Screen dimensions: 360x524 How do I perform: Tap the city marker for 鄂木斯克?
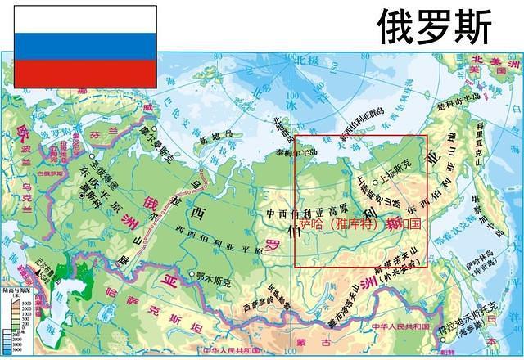tap(190, 275)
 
